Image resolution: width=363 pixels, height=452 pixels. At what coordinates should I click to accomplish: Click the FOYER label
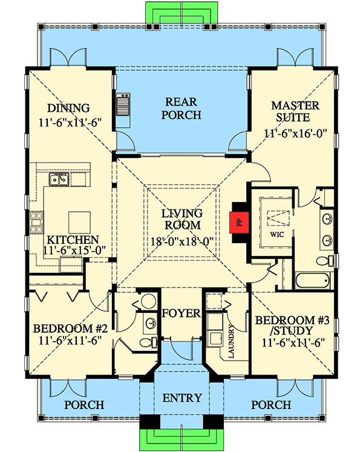tap(181, 313)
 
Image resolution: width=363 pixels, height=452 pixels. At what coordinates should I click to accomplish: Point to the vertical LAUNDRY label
tap(231, 342)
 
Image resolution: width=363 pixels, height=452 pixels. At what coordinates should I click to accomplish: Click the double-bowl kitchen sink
tap(60, 179)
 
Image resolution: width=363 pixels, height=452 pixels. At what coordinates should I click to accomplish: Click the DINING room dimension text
tap(69, 122)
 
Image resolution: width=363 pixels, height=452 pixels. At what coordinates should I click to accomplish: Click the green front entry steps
tap(181, 437)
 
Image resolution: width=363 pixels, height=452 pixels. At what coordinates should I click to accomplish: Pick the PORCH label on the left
tap(85, 404)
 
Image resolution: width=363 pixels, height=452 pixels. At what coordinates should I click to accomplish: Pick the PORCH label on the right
tap(270, 404)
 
